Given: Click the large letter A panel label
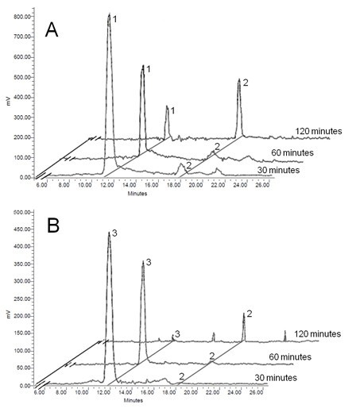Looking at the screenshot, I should (52, 30).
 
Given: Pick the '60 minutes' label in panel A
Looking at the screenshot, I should (293, 152).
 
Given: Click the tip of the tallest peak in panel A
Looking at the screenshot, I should (109, 14).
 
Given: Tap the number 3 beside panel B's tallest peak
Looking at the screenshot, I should (115, 233).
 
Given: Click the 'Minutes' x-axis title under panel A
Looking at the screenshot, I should (150, 193).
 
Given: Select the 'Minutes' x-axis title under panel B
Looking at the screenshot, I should (150, 403).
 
